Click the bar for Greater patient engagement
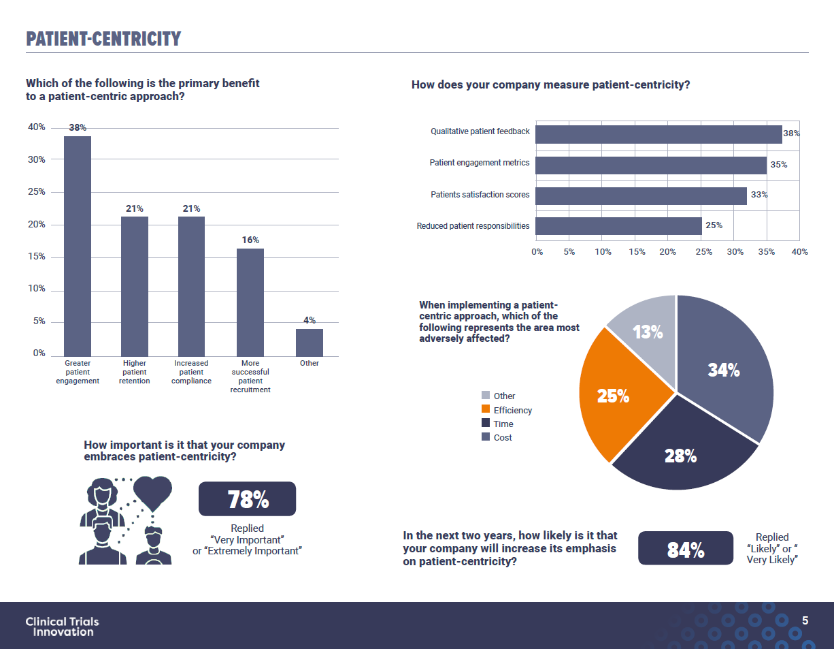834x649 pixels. coord(78,246)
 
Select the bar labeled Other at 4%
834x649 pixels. coord(310,343)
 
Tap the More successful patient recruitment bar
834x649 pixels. coord(250,302)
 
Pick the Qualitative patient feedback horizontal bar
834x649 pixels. coord(658,134)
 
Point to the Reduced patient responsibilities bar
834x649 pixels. coord(618,226)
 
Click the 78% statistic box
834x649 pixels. coord(247,499)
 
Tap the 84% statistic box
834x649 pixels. coord(685,548)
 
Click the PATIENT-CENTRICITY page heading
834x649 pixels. coord(103,39)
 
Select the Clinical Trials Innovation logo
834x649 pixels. coord(62,626)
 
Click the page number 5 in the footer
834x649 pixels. coord(805,620)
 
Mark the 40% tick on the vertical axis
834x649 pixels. coord(36,127)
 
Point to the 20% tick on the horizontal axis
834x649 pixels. coord(667,252)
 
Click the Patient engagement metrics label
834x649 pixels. coord(479,163)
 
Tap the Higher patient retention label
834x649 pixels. coord(135,372)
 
